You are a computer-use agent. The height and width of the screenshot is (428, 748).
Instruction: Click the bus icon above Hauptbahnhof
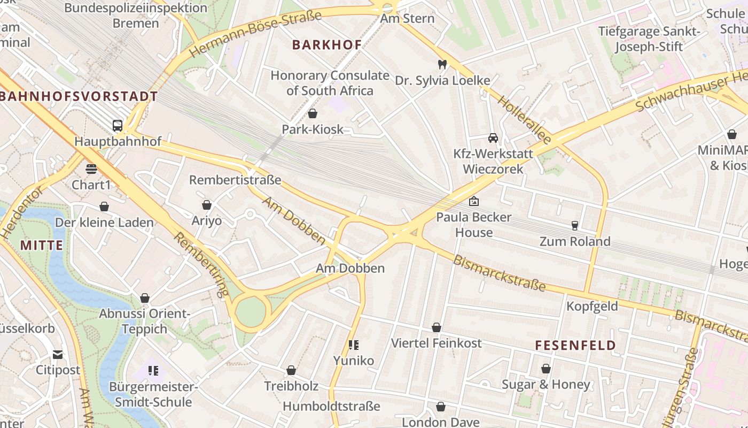click(x=118, y=126)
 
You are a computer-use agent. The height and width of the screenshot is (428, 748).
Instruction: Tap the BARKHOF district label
click(x=327, y=45)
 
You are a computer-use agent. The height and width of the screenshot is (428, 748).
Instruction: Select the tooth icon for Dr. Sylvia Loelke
click(x=442, y=64)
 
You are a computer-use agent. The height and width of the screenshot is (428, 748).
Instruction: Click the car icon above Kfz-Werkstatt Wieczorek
click(x=493, y=137)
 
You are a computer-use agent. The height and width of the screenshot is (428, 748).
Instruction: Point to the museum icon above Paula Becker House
click(x=473, y=201)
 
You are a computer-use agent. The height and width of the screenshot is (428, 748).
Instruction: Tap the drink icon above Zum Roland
click(x=575, y=225)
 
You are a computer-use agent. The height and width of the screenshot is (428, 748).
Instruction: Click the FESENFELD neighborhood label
click(x=575, y=346)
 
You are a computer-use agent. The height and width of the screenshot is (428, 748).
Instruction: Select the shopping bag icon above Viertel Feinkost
click(x=437, y=327)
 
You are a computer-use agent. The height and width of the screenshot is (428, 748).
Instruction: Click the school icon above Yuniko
click(x=353, y=345)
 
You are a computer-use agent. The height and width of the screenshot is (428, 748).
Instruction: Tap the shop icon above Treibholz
click(x=291, y=370)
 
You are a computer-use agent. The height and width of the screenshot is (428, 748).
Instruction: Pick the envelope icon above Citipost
click(x=58, y=354)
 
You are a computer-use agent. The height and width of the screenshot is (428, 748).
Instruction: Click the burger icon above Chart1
click(x=91, y=169)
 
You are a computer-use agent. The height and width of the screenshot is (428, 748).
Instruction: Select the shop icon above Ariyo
click(x=207, y=205)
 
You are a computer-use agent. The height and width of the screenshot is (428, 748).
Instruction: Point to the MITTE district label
click(x=42, y=246)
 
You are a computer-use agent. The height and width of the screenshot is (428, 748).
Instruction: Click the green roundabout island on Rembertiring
click(x=250, y=311)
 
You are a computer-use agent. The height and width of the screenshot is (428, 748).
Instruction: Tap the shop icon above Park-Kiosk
click(x=313, y=113)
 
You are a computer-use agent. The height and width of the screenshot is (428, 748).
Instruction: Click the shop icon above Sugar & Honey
click(x=546, y=369)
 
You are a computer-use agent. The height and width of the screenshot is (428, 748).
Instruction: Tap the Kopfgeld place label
click(x=592, y=307)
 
